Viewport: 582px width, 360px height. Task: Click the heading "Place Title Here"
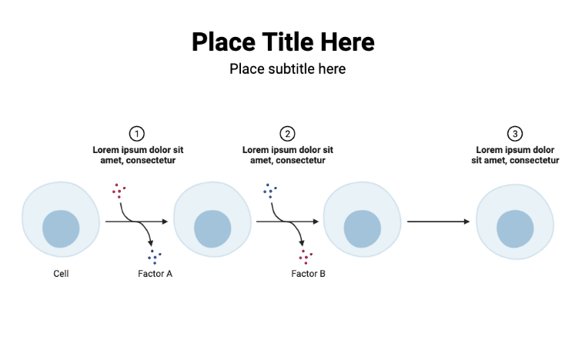(x=283, y=42)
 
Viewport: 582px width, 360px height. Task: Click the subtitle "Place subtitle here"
(x=287, y=69)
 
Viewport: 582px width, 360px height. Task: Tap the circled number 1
(x=137, y=133)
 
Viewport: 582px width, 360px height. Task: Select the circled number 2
(x=287, y=133)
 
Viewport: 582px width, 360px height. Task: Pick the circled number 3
(x=515, y=133)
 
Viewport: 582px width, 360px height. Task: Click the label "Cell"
(x=61, y=273)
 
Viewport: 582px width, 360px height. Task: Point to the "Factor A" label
(x=155, y=273)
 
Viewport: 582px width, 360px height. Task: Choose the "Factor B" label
(x=308, y=273)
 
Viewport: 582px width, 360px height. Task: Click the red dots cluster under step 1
(x=119, y=190)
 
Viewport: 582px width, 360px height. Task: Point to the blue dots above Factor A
(x=155, y=255)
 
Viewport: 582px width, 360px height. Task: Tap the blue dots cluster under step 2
(x=270, y=191)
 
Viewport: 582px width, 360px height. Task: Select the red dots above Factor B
(x=306, y=256)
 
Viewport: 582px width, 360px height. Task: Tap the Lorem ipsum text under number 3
(x=515, y=155)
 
